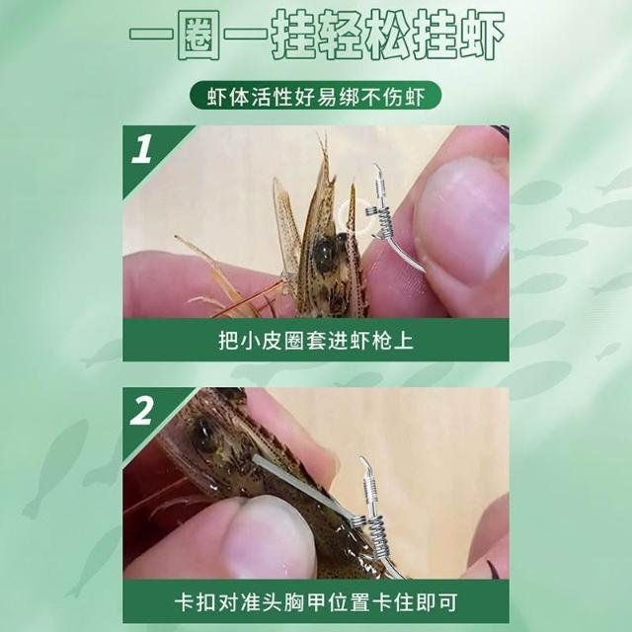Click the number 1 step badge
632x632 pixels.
[x=142, y=149]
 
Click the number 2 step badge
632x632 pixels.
[x=142, y=411]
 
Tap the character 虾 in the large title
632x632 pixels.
[x=478, y=36]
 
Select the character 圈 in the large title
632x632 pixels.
[x=197, y=36]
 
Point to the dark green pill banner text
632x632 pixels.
[x=316, y=96]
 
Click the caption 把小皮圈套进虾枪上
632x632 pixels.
[x=316, y=341]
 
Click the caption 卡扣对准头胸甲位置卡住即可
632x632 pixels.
[x=316, y=601]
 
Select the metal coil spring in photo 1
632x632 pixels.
[x=383, y=221]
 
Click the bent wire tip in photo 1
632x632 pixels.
[x=377, y=170]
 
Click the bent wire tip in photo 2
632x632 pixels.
[x=364, y=464]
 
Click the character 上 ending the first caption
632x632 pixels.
[x=404, y=341]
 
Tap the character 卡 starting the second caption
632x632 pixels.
[x=185, y=601]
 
